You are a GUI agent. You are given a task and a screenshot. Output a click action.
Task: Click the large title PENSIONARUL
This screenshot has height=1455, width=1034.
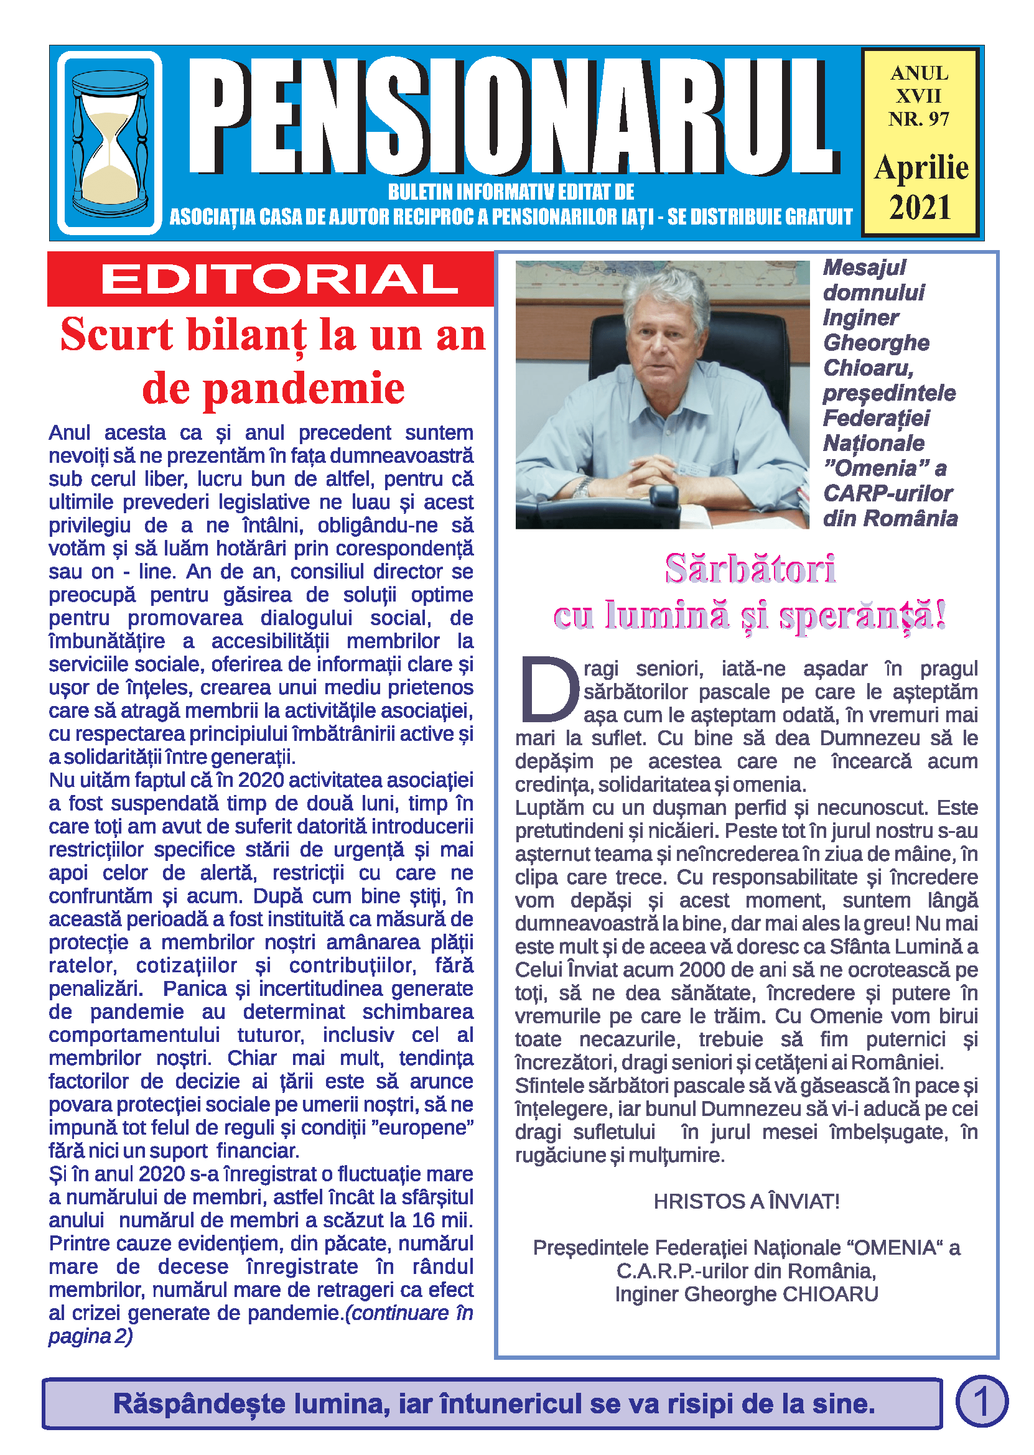point(513,116)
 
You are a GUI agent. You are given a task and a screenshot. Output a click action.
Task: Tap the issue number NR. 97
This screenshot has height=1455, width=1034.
point(919,119)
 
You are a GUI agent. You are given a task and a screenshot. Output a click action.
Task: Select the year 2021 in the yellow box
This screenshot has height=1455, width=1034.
point(920,208)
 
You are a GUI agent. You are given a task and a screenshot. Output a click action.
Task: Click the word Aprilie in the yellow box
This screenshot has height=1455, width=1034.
point(921,168)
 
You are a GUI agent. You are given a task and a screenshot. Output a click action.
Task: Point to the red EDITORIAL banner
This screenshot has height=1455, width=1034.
point(271,279)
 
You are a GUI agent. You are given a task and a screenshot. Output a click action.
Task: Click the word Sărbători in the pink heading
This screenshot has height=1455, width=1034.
point(750,569)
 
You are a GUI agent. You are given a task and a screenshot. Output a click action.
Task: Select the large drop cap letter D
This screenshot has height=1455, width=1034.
point(549,689)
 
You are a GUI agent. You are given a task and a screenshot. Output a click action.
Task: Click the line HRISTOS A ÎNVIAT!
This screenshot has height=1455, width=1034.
point(746,1201)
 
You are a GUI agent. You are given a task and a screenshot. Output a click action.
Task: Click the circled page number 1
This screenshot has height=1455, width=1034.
point(981,1401)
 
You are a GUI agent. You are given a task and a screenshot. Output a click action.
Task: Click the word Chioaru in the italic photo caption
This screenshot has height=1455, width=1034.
point(868,368)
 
